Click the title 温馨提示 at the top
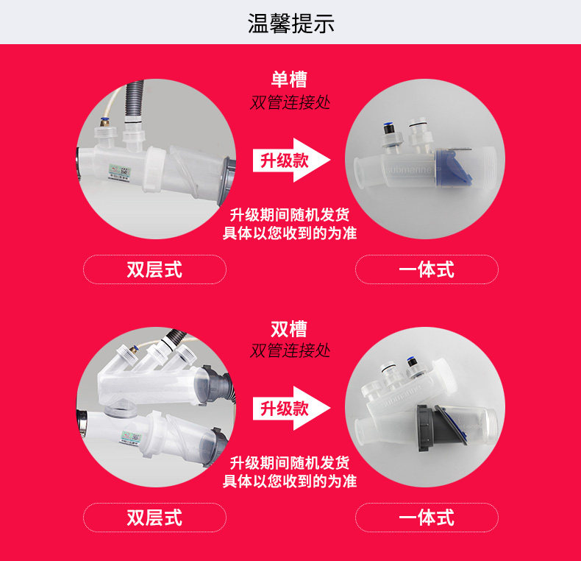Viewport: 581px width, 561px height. click(291, 24)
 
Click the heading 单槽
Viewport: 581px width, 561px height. click(289, 79)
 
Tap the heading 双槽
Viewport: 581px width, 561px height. click(289, 329)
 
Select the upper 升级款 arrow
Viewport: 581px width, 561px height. click(291, 160)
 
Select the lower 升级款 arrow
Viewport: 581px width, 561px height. click(291, 408)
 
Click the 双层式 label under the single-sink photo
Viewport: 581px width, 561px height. click(154, 269)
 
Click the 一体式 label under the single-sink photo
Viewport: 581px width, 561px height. click(427, 269)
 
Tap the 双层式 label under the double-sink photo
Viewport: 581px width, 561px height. click(154, 518)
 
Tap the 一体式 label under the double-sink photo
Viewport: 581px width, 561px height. click(427, 518)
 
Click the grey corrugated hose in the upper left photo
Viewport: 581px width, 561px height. click(134, 99)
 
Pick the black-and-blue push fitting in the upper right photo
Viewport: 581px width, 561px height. click(388, 128)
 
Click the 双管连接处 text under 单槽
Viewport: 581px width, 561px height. click(290, 102)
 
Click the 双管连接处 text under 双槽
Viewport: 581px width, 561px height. click(290, 350)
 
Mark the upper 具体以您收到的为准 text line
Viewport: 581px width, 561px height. click(290, 233)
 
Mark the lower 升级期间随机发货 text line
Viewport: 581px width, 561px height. click(290, 462)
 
